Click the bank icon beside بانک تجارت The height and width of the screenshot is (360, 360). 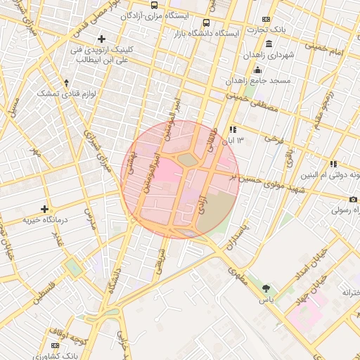(x=265, y=19)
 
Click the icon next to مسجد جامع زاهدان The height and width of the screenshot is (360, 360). (x=258, y=70)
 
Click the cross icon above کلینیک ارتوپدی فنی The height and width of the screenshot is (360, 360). (x=102, y=38)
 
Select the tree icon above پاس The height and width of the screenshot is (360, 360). (x=266, y=288)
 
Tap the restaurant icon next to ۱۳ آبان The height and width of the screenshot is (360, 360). (x=232, y=130)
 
